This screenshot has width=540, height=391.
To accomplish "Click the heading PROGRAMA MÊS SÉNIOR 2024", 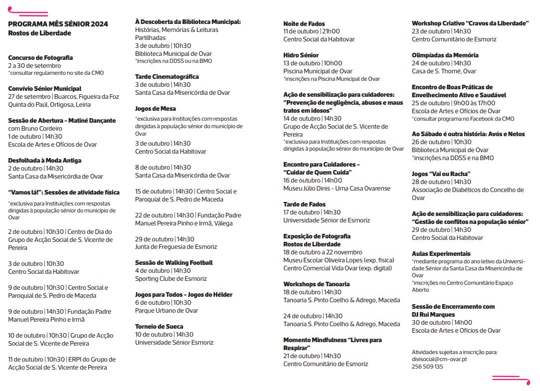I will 58,24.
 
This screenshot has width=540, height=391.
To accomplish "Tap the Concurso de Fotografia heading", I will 40,58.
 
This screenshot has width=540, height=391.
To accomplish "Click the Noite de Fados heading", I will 304,23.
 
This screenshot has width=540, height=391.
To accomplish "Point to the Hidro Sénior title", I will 301,55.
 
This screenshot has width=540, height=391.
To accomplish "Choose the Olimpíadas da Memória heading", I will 445,55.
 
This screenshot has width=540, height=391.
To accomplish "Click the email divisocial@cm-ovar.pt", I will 439,359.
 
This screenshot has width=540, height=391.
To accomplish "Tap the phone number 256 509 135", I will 427,367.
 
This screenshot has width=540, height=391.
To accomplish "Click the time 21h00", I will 333,31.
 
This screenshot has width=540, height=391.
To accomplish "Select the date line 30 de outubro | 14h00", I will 442,323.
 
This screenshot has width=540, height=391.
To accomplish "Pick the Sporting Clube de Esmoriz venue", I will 171,279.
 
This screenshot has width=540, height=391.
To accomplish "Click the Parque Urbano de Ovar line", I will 167,311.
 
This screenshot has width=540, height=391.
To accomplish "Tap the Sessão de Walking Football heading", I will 174,263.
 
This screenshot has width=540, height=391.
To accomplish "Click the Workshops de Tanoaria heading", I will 317,284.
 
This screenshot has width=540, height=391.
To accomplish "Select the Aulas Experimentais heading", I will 441,254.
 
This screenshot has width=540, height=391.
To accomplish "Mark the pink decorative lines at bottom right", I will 511,380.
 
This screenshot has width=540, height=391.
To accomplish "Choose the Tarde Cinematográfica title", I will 167,77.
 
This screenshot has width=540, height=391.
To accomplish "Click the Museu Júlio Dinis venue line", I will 337,189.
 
